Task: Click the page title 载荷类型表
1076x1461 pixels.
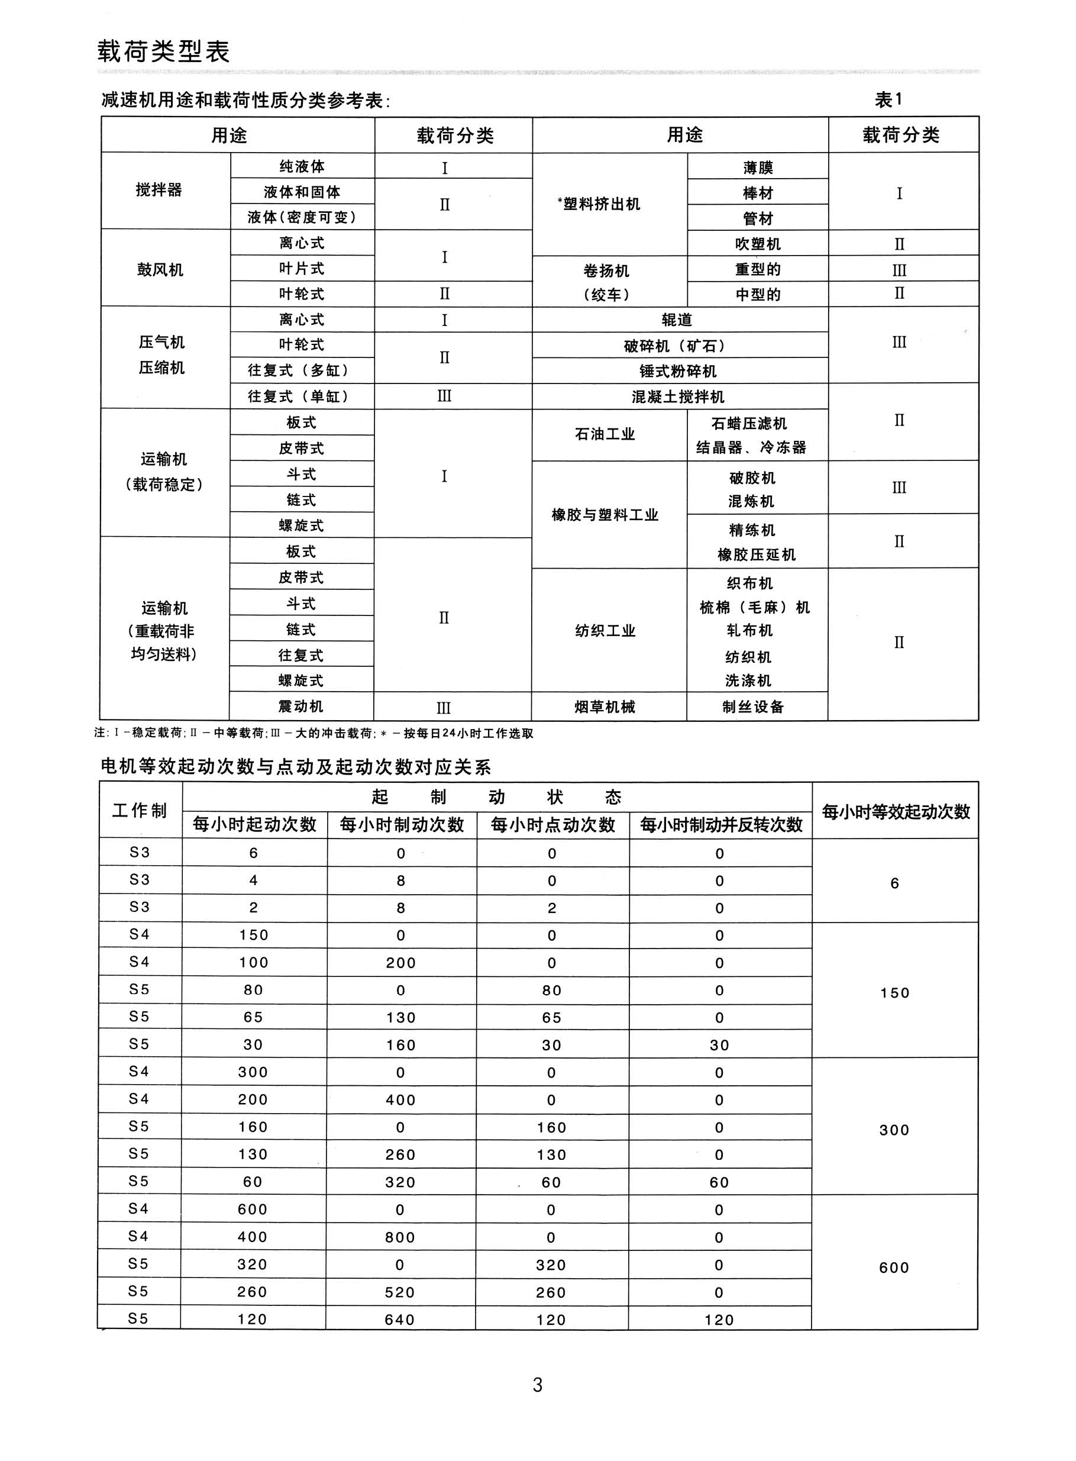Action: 163,51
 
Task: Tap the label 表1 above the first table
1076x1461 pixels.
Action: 888,99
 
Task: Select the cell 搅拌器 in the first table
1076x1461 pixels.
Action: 159,190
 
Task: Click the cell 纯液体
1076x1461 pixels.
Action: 302,167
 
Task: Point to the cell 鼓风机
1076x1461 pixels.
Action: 160,270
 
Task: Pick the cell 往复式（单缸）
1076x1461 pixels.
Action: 301,396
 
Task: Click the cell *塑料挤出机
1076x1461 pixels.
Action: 599,204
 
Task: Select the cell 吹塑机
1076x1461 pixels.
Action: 758,244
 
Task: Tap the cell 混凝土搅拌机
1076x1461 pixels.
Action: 678,396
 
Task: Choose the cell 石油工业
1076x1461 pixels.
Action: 605,434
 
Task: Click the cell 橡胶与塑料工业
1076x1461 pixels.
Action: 605,515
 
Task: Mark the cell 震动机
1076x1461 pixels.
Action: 301,707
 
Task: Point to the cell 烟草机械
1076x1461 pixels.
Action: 605,707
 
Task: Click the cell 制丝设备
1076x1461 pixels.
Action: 754,707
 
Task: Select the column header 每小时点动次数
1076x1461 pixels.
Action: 552,825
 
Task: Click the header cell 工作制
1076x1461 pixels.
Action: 140,810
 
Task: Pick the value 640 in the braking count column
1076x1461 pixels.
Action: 400,1320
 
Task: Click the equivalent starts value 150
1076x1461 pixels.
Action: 894,993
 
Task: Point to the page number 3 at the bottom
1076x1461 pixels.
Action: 537,1385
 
